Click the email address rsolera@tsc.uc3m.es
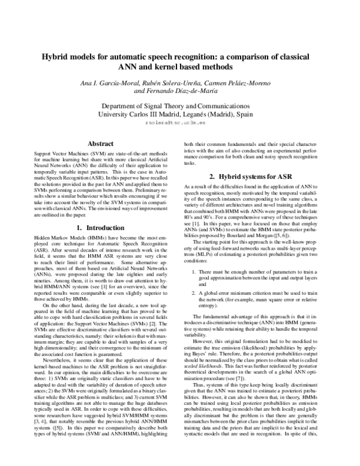[180, 121]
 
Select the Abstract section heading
[101, 144]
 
